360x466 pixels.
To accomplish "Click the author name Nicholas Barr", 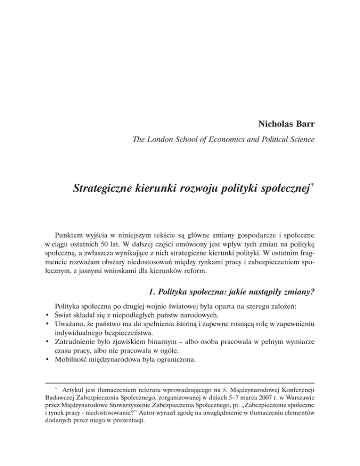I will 285,124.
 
